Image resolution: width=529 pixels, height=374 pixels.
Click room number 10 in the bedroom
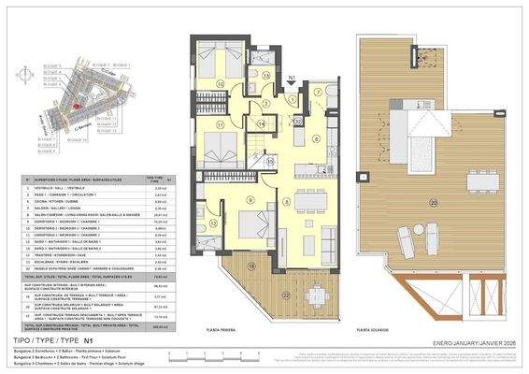pos(221,83)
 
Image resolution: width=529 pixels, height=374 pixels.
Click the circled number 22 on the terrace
pos(283,296)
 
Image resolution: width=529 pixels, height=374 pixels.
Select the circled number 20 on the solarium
pos(432,203)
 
